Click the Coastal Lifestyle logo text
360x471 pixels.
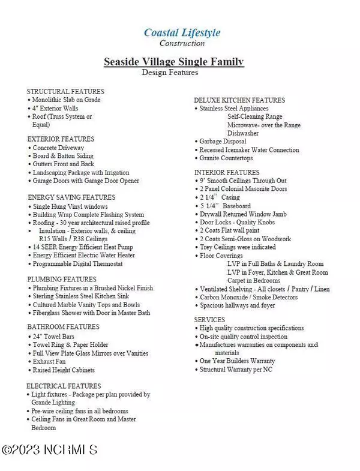(x=182, y=32)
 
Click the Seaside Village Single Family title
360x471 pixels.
(x=173, y=62)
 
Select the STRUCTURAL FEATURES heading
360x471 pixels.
(x=65, y=91)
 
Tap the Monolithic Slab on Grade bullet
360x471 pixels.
(x=67, y=100)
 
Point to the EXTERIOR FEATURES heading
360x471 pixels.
(x=61, y=139)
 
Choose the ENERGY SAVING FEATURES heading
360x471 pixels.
(x=71, y=197)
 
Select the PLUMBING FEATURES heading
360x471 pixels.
(x=62, y=279)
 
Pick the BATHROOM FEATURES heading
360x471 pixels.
(x=63, y=328)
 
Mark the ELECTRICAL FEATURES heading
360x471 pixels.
(x=64, y=386)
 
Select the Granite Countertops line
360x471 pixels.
(x=226, y=158)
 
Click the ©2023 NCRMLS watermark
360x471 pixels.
(x=49, y=449)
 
